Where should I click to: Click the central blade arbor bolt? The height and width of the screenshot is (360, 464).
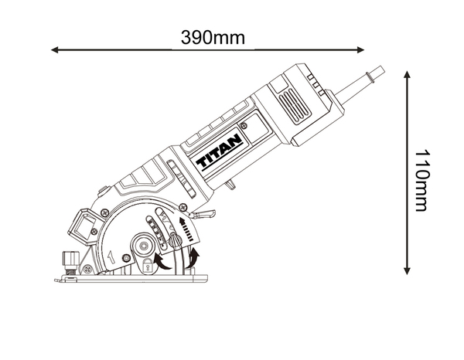point(144,245)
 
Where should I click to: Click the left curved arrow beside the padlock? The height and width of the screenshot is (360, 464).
point(162,260)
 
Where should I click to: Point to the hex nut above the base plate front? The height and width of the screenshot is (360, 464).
point(69,261)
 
